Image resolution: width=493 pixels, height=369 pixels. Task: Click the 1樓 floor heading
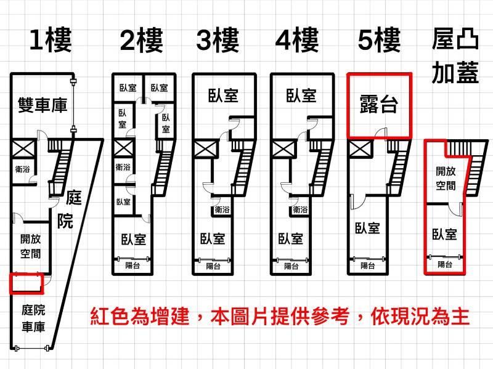[51, 40]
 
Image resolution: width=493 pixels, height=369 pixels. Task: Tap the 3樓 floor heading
[218, 40]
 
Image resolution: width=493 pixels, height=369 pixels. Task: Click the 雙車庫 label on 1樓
[43, 105]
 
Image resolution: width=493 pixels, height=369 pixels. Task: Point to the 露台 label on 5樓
[379, 104]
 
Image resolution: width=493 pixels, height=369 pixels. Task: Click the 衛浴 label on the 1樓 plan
[22, 169]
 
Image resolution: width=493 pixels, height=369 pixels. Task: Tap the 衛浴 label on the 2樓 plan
[123, 167]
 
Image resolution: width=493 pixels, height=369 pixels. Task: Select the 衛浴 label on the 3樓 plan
[222, 209]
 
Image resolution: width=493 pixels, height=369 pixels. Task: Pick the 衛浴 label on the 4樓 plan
[300, 209]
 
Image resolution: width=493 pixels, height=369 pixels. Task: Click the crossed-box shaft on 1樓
[23, 148]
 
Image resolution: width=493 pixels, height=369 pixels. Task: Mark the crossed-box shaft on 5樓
[361, 148]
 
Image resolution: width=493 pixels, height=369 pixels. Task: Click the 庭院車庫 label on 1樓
[33, 318]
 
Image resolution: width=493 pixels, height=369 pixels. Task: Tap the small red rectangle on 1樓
[26, 283]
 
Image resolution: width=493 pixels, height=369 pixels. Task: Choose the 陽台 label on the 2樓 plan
[132, 266]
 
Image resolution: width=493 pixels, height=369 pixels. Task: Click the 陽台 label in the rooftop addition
[445, 264]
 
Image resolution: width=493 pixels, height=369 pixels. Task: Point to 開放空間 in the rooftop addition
[446, 179]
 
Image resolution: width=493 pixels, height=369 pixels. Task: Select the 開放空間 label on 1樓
[30, 246]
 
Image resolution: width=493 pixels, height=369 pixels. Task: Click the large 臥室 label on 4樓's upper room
[301, 95]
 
